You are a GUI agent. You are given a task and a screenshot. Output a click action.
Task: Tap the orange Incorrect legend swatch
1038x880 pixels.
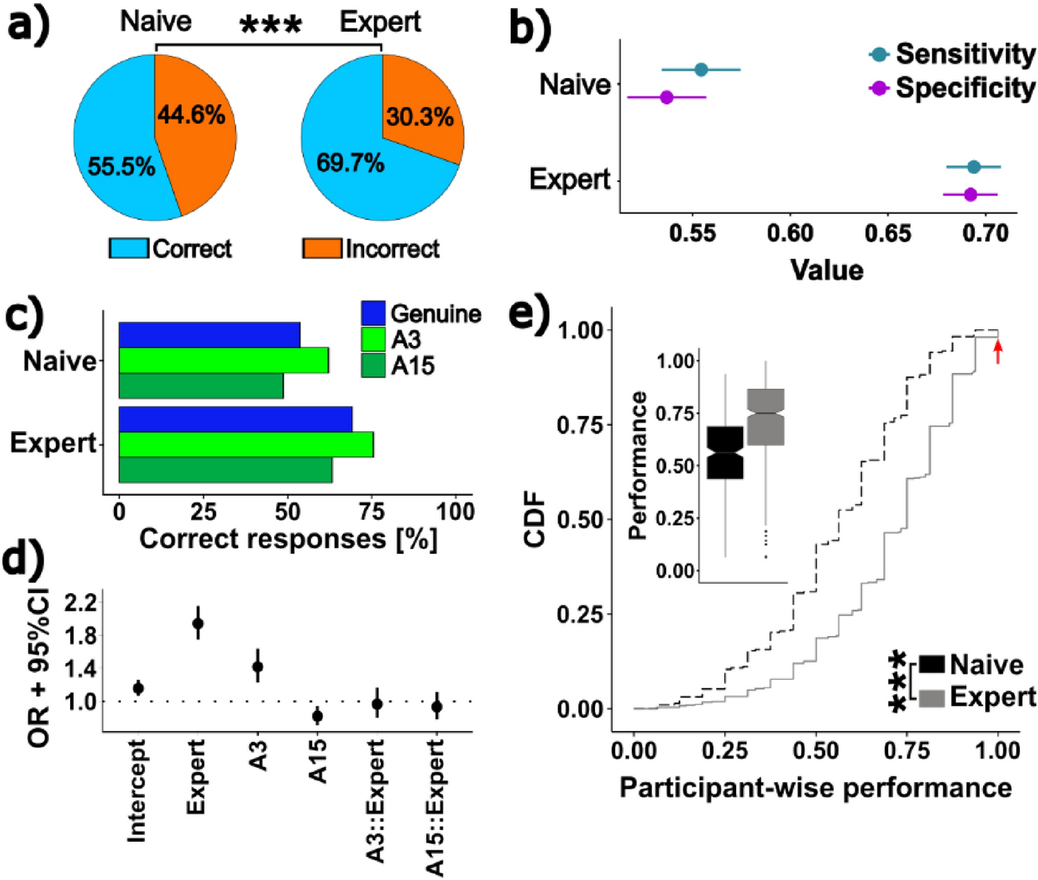322,249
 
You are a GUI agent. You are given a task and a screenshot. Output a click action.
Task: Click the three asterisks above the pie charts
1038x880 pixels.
271,26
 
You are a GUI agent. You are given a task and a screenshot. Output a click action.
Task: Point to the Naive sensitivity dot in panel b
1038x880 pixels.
701,70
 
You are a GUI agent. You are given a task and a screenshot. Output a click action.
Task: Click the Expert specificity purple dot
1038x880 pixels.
969,194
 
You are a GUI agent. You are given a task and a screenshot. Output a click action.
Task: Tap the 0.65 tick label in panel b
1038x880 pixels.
887,234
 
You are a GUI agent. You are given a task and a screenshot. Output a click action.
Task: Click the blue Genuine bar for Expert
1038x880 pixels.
236,419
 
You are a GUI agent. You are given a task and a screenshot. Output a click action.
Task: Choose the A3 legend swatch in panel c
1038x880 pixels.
374,340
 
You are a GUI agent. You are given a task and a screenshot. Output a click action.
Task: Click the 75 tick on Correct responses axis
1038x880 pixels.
372,512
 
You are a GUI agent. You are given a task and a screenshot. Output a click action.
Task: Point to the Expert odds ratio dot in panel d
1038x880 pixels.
198,623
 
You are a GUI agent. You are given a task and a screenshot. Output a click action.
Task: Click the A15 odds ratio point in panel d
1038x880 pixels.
317,716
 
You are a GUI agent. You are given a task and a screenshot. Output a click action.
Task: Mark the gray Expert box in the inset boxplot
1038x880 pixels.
766,417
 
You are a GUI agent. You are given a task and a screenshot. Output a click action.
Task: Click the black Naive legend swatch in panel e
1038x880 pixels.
932,665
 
